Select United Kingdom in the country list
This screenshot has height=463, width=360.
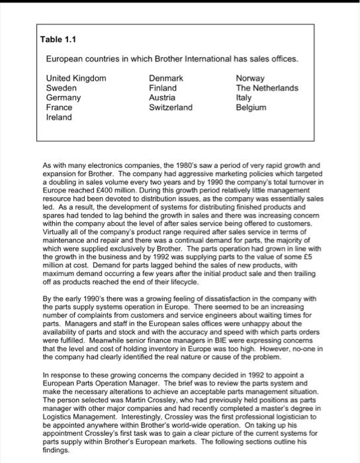[x=75, y=79]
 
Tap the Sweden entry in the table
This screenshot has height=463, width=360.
[x=60, y=88]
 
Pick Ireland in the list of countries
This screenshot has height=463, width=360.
[x=58, y=116]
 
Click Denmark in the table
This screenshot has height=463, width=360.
[x=166, y=79]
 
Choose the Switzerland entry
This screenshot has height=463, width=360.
[x=171, y=107]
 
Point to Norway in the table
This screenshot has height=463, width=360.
[x=249, y=79]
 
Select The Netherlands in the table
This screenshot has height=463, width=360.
[x=267, y=88]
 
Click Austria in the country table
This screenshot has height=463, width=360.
[x=162, y=97]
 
